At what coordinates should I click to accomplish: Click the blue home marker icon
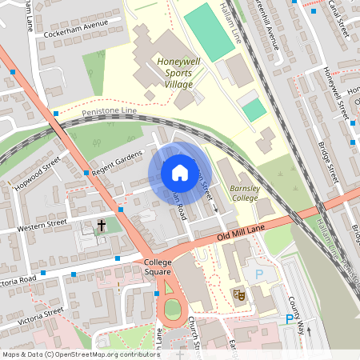[x=179, y=173]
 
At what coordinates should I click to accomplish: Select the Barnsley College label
[x=245, y=193]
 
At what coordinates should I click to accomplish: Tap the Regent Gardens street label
[x=117, y=162]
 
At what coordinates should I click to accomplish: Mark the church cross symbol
[x=102, y=226]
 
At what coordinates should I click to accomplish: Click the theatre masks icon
[x=238, y=294]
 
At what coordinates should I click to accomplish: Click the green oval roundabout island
[x=171, y=309]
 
